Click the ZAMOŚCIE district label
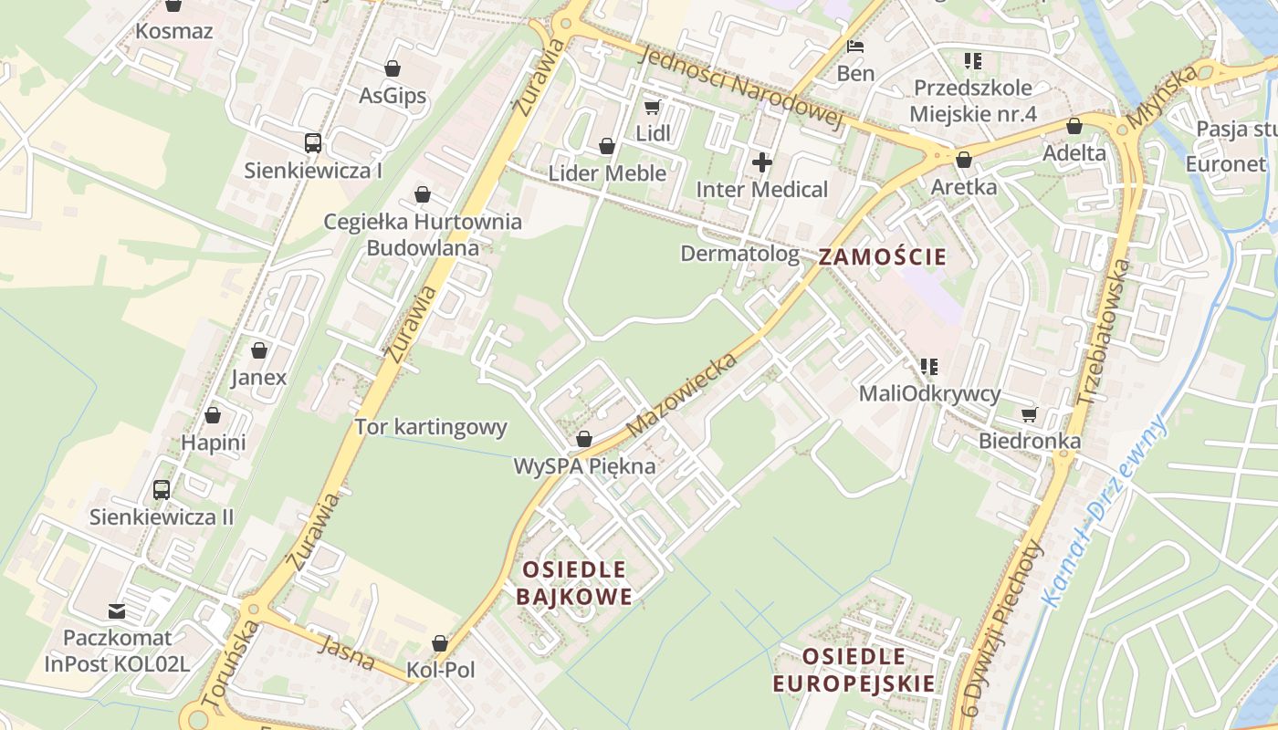(882, 256)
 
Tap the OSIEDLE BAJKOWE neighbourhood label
(574, 583)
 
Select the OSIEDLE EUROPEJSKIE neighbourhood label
(854, 670)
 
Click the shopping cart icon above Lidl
(653, 108)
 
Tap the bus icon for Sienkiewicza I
(313, 143)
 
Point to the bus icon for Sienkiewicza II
(162, 490)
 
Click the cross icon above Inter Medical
(762, 163)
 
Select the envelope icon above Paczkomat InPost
(117, 610)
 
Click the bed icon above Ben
(855, 47)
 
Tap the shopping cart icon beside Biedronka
(1030, 415)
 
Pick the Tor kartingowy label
(430, 427)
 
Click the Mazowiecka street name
(682, 393)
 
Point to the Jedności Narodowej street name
(740, 89)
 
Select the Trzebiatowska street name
(1103, 331)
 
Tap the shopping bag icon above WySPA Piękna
(584, 440)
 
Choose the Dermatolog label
(739, 254)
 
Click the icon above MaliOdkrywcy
(929, 367)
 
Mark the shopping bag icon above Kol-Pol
(440, 643)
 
